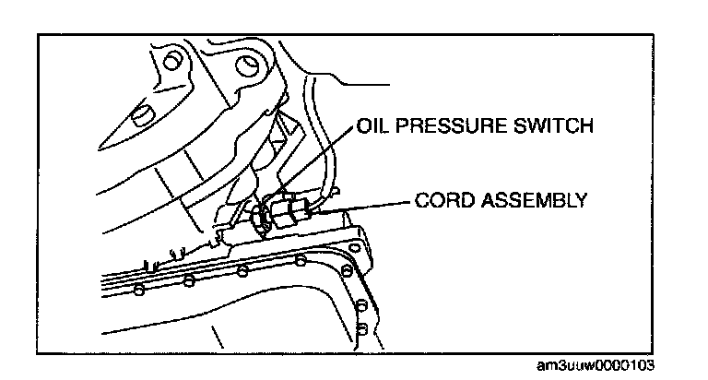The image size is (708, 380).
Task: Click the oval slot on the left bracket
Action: [x=139, y=114]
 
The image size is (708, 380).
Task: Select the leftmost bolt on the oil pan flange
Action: [x=138, y=291]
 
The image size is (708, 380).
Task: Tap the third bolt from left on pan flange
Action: [x=242, y=270]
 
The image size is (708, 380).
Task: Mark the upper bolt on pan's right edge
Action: [x=348, y=271]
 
